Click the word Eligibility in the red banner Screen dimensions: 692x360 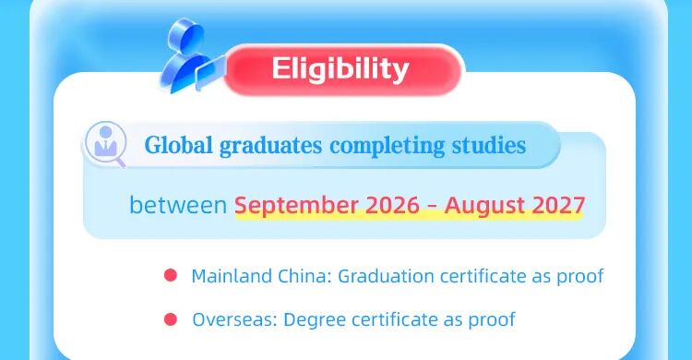[340, 69]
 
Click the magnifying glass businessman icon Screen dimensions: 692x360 [105, 144]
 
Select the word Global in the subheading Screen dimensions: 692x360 [178, 145]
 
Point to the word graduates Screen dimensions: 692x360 [270, 146]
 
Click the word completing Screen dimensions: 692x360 [387, 146]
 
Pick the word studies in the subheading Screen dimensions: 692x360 [489, 145]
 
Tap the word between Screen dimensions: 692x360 [178, 205]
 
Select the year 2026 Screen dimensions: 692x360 [392, 205]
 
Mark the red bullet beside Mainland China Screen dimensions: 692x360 [171, 276]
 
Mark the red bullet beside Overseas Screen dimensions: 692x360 [171, 319]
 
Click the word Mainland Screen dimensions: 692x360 [232, 276]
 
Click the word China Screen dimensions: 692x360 [304, 276]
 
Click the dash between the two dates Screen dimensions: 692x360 [432, 206]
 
